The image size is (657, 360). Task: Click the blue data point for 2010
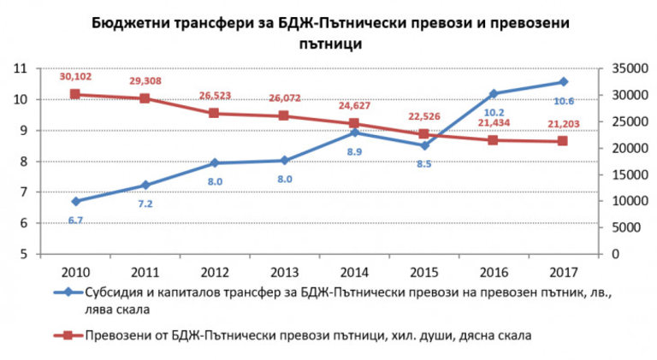click(x=75, y=201)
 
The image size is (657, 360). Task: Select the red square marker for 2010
click(x=75, y=94)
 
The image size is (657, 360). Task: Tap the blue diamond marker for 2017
click(x=563, y=81)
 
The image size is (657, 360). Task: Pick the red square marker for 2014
click(x=354, y=123)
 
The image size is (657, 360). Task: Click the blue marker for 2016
click(x=494, y=93)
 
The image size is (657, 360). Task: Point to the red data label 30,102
click(x=75, y=76)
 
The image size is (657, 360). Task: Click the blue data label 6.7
click(x=75, y=220)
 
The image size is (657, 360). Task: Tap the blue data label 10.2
click(x=494, y=112)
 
